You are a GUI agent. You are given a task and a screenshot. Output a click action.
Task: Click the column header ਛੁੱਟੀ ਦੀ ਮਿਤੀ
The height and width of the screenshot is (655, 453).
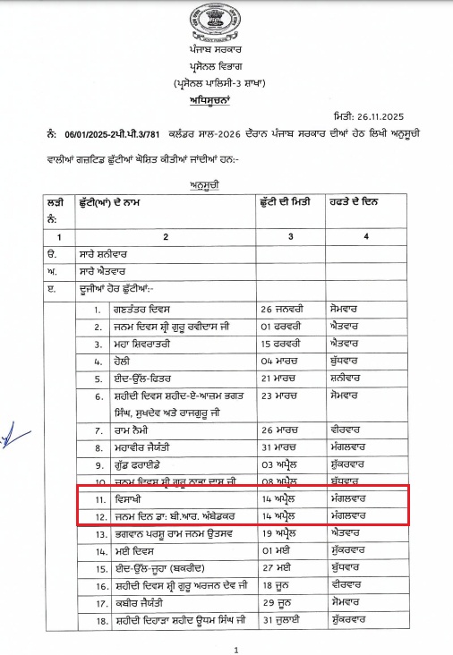coord(286,203)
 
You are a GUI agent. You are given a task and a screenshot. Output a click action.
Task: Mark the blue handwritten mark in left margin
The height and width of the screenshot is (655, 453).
coord(8,434)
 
